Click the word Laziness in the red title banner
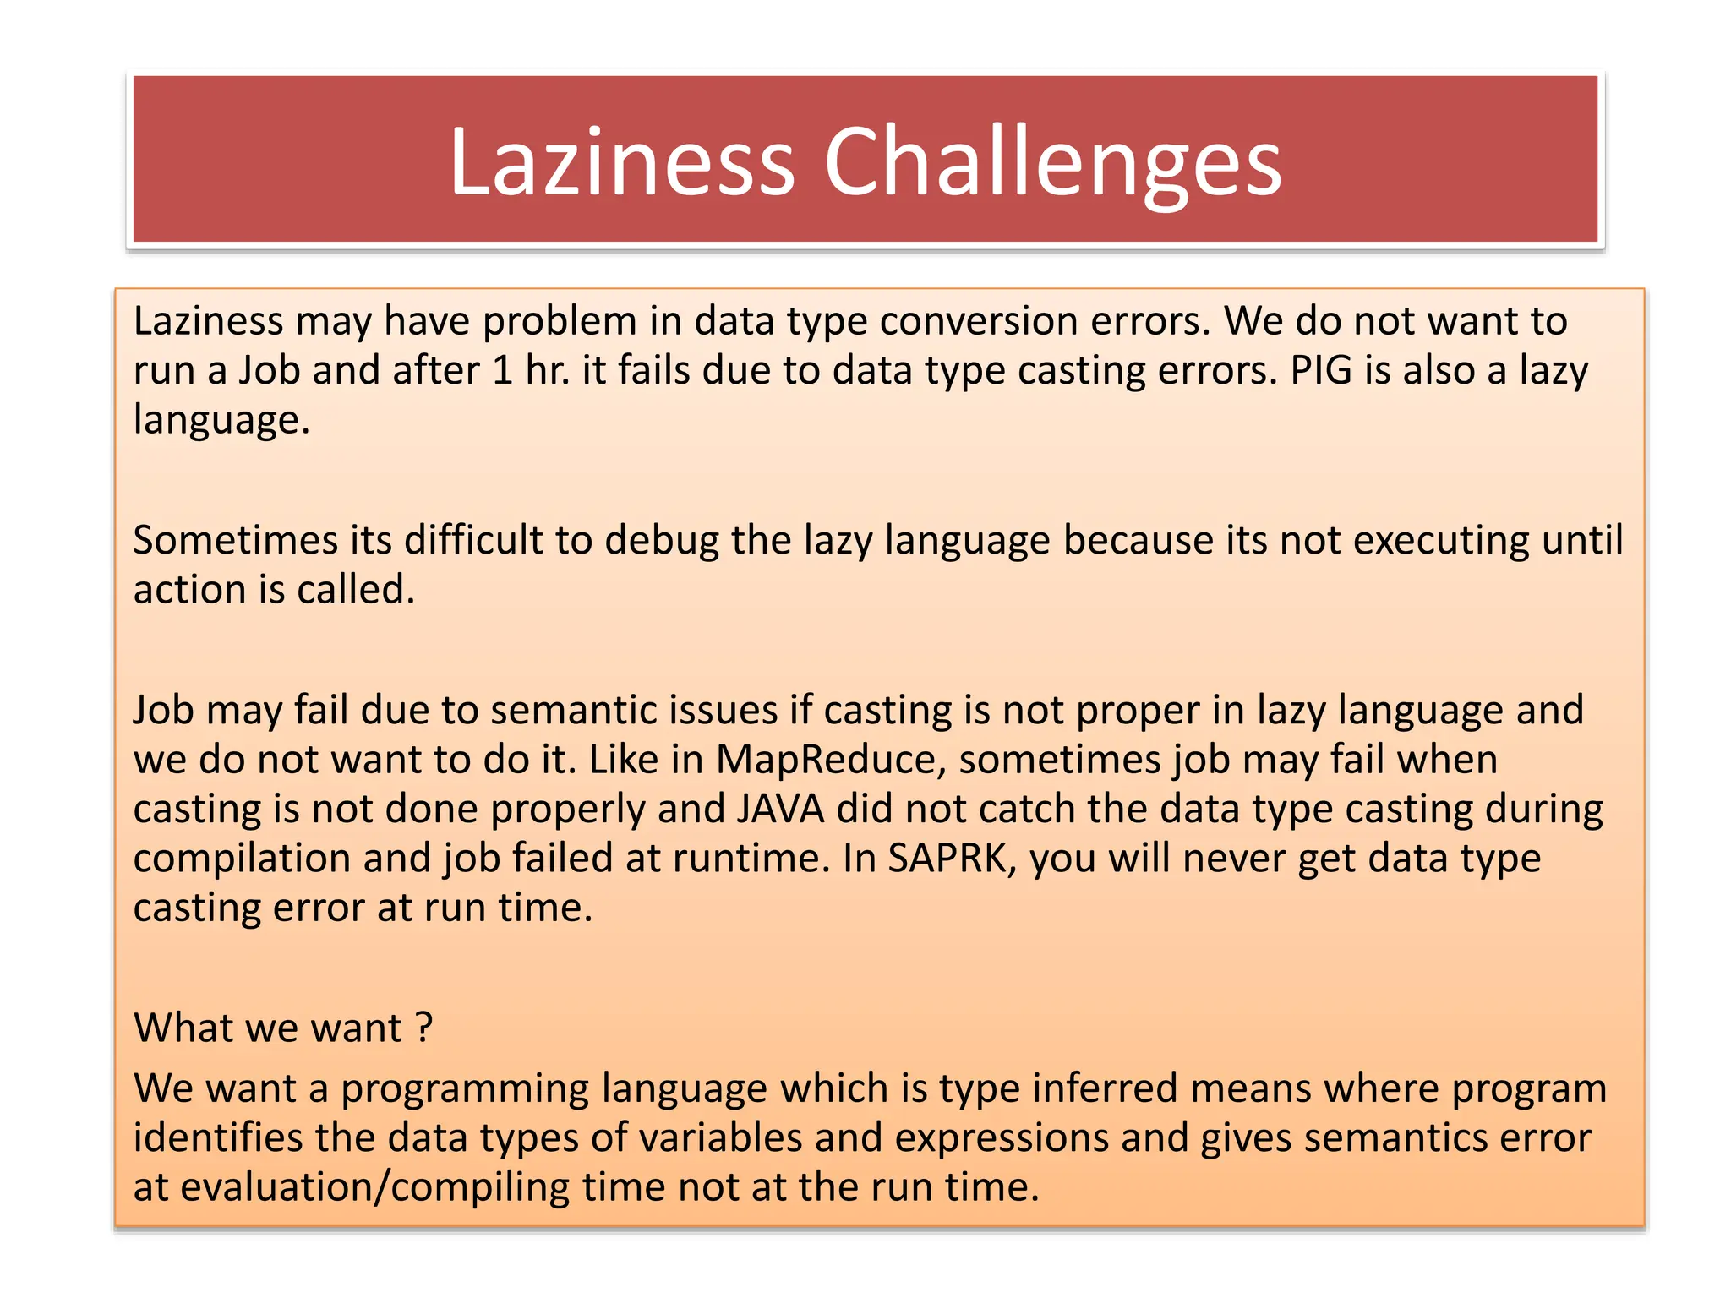622,162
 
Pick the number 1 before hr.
502,371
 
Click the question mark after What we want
423,1028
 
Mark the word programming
464,1088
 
